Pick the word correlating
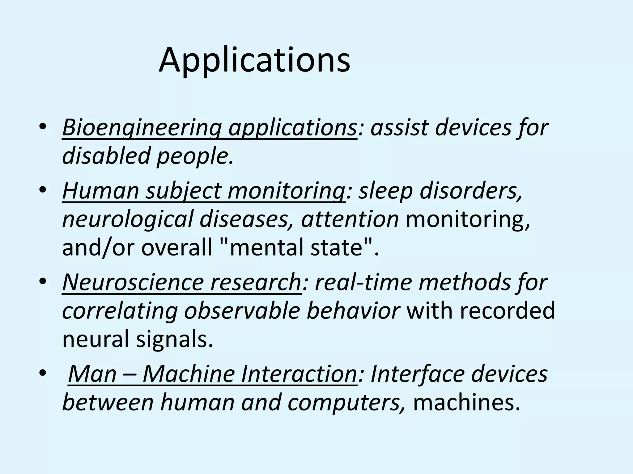(120, 311)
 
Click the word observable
(242, 311)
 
